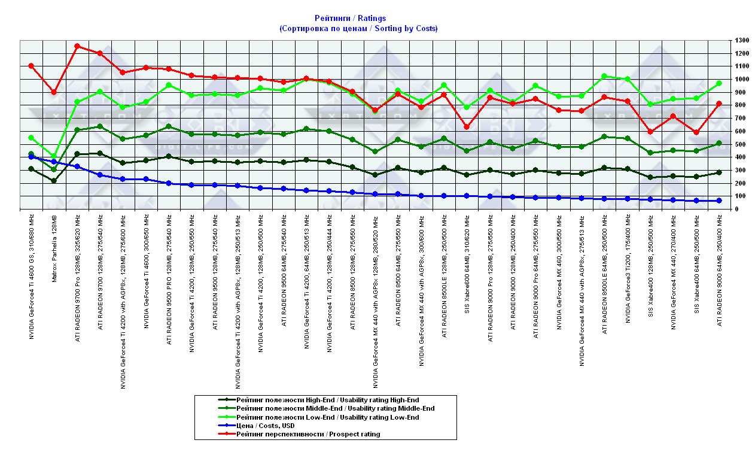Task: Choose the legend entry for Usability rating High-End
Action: (x=327, y=400)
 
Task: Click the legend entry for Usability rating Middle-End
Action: (x=335, y=408)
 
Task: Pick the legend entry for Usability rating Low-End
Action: (x=327, y=417)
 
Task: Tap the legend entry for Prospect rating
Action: (x=308, y=434)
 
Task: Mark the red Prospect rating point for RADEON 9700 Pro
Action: (x=77, y=46)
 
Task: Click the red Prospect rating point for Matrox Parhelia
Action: (x=54, y=92)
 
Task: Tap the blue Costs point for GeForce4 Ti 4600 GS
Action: (x=31, y=157)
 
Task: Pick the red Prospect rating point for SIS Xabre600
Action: (x=467, y=127)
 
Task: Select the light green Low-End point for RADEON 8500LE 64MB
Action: (x=604, y=76)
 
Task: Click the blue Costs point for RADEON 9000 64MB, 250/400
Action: (x=719, y=201)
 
